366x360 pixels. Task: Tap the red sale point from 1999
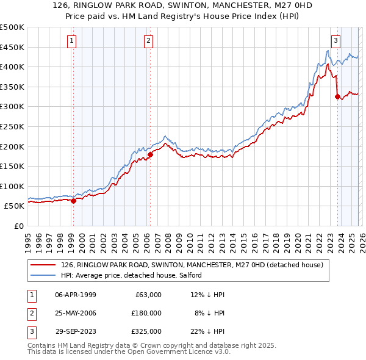click(73, 201)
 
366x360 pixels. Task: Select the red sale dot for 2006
click(150, 154)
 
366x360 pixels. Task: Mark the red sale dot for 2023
click(337, 96)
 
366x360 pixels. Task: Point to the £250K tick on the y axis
click(12, 126)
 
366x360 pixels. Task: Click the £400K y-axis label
click(12, 67)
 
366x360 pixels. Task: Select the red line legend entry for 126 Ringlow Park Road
click(195, 265)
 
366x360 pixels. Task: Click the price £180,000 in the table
click(146, 313)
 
